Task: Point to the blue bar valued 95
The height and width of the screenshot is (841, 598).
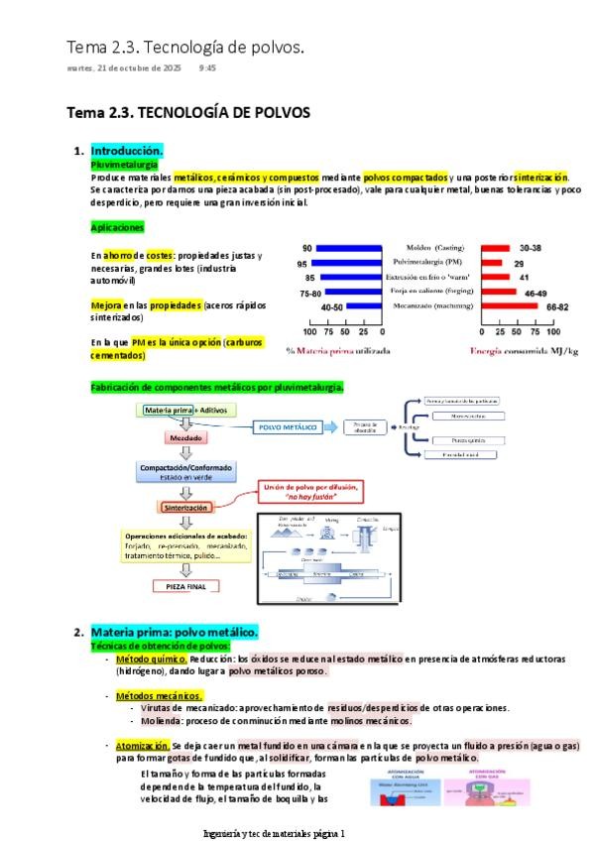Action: click(x=347, y=263)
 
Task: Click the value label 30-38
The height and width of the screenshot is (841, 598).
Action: click(x=531, y=248)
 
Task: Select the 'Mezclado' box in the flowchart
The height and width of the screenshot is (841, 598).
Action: click(x=186, y=438)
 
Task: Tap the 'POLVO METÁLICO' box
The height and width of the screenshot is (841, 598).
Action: click(x=288, y=427)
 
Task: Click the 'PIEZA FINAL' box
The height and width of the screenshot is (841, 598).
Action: click(x=186, y=585)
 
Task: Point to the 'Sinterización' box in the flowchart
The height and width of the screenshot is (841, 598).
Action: click(x=186, y=507)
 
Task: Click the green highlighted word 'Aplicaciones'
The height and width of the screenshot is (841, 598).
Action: click(x=117, y=227)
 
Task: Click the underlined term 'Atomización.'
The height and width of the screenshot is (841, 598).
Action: click(x=143, y=745)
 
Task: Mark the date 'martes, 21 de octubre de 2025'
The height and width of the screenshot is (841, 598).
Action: click(x=124, y=68)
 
